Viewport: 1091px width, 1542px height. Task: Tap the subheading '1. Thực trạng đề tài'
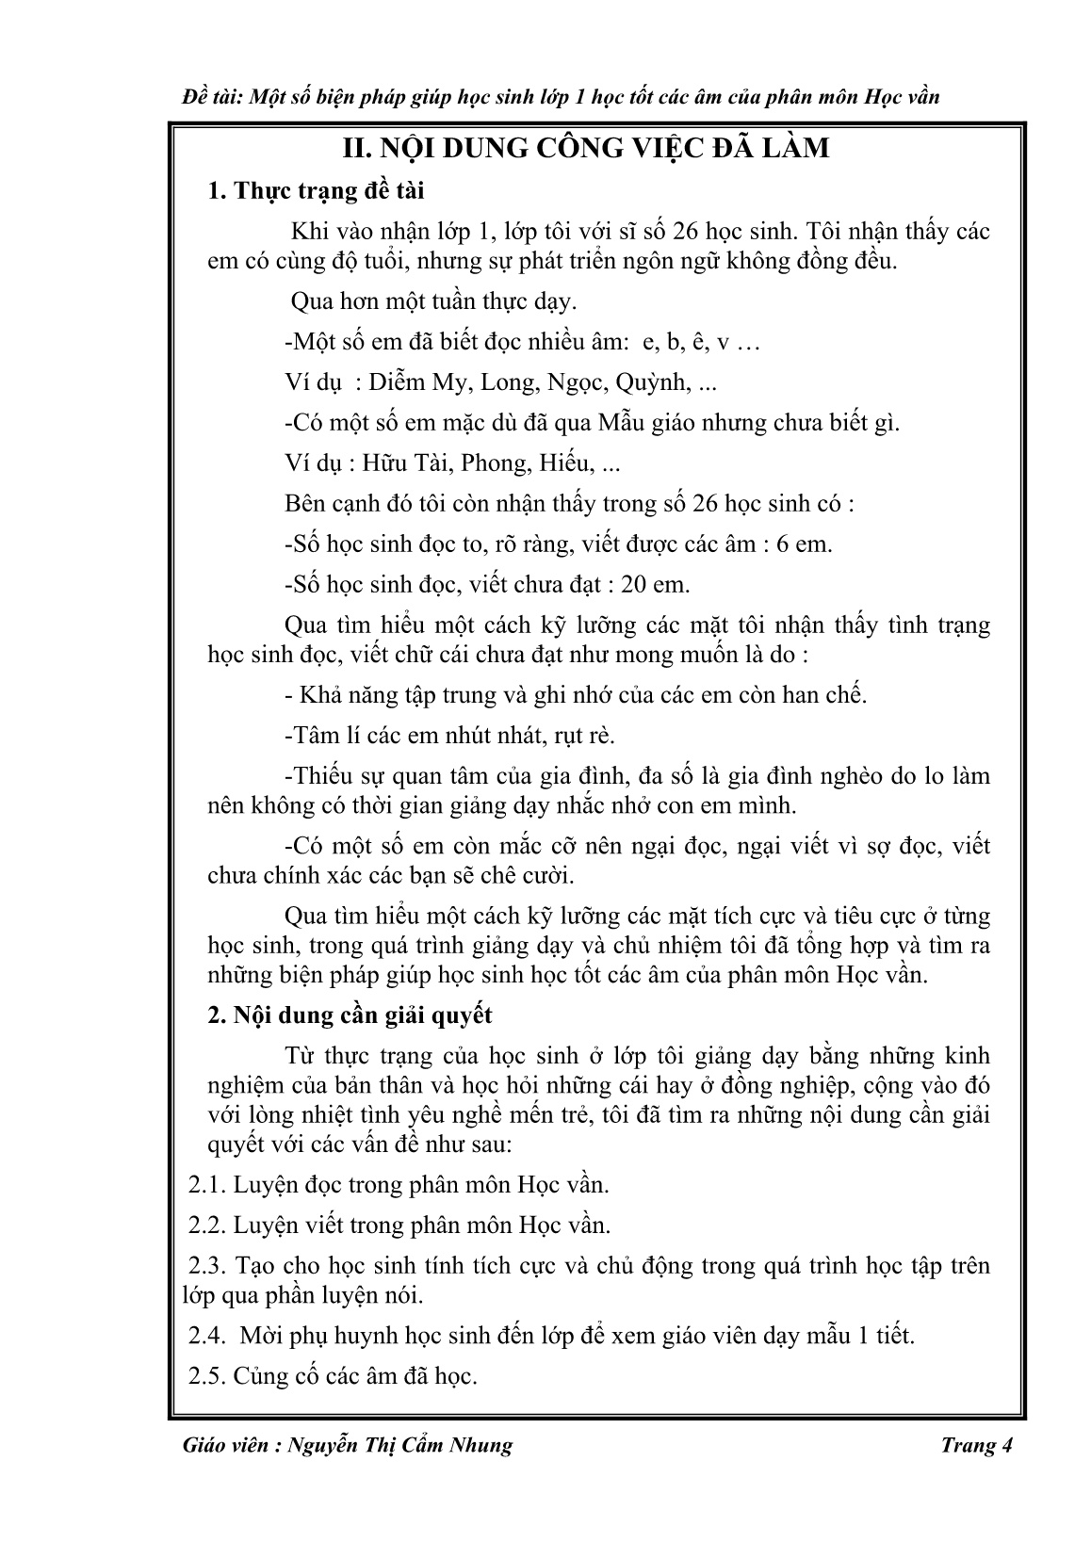pyautogui.click(x=316, y=191)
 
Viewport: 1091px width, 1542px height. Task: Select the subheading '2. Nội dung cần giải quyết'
pyautogui.click(x=350, y=1016)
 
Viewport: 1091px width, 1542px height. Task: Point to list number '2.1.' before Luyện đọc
pyautogui.click(x=207, y=1185)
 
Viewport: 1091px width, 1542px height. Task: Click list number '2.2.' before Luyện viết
pyautogui.click(x=207, y=1225)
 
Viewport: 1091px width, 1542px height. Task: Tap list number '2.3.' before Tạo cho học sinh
pyautogui.click(x=207, y=1266)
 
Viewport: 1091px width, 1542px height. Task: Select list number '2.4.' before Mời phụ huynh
pyautogui.click(x=207, y=1336)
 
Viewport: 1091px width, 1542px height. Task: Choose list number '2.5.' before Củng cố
pyautogui.click(x=207, y=1376)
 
